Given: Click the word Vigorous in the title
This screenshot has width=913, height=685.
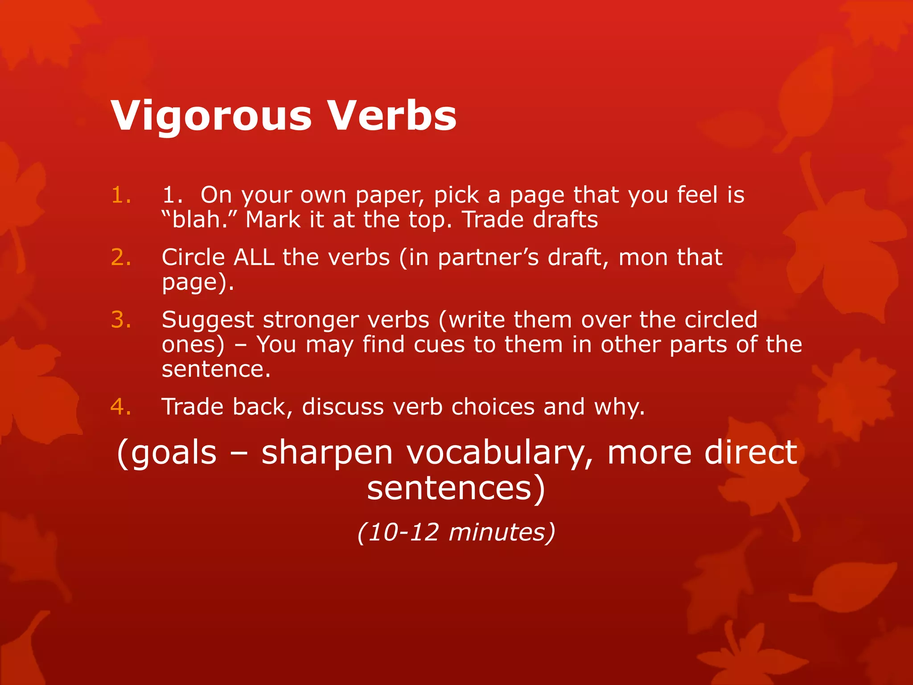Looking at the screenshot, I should pyautogui.click(x=211, y=116).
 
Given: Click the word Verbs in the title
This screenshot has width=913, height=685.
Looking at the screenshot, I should pyautogui.click(x=392, y=115).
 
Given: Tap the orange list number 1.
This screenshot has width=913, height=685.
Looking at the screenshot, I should pyautogui.click(x=121, y=195).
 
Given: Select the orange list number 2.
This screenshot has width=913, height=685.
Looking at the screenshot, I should pyautogui.click(x=121, y=258).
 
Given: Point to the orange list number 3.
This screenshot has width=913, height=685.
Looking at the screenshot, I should pyautogui.click(x=121, y=320).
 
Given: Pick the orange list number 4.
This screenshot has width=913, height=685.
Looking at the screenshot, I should pyautogui.click(x=121, y=407).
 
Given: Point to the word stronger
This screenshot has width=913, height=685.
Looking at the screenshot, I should pyautogui.click(x=311, y=320).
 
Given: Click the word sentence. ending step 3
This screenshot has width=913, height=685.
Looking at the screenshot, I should pyautogui.click(x=216, y=370).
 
